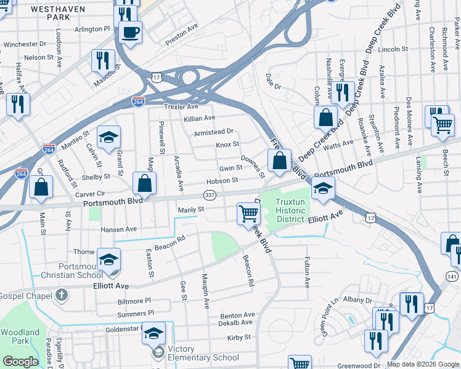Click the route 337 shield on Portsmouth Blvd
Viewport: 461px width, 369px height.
point(210,195)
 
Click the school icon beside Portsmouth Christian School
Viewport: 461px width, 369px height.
point(108,260)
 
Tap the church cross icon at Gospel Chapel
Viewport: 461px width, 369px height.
point(61,296)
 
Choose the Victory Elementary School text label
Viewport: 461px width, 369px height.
point(198,357)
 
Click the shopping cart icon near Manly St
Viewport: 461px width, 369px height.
point(248,213)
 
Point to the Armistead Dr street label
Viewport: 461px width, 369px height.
point(214,131)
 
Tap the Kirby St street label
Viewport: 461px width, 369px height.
point(239,337)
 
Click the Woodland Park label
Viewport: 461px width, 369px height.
point(20,336)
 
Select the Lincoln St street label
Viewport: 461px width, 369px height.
point(394,49)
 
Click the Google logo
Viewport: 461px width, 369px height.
point(21,362)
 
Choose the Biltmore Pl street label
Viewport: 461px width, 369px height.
point(134,301)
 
